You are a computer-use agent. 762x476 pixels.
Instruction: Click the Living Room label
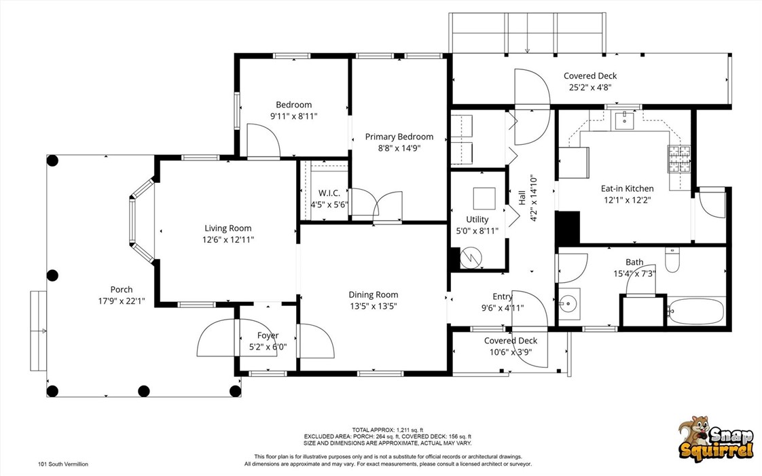[x=228, y=228]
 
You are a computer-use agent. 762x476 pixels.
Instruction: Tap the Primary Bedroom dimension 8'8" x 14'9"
[x=399, y=148]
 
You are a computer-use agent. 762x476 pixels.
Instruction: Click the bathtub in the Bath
[x=695, y=311]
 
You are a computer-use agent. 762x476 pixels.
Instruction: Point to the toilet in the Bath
[x=672, y=260]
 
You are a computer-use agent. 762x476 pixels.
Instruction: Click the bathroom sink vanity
[x=569, y=303]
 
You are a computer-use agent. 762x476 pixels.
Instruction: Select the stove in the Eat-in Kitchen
[x=679, y=158]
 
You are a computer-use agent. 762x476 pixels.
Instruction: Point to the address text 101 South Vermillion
[x=62, y=464]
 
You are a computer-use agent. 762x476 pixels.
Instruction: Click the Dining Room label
[x=373, y=294]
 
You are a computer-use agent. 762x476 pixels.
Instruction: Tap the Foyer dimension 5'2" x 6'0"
[x=268, y=347]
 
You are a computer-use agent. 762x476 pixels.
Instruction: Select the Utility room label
[x=477, y=220]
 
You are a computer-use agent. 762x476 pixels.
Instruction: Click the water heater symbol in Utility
[x=469, y=258]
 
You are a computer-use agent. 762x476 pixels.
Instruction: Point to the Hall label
[x=522, y=198]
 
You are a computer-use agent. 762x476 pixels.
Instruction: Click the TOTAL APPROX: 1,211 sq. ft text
[x=387, y=430]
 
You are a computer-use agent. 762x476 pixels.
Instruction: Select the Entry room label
[x=503, y=296]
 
